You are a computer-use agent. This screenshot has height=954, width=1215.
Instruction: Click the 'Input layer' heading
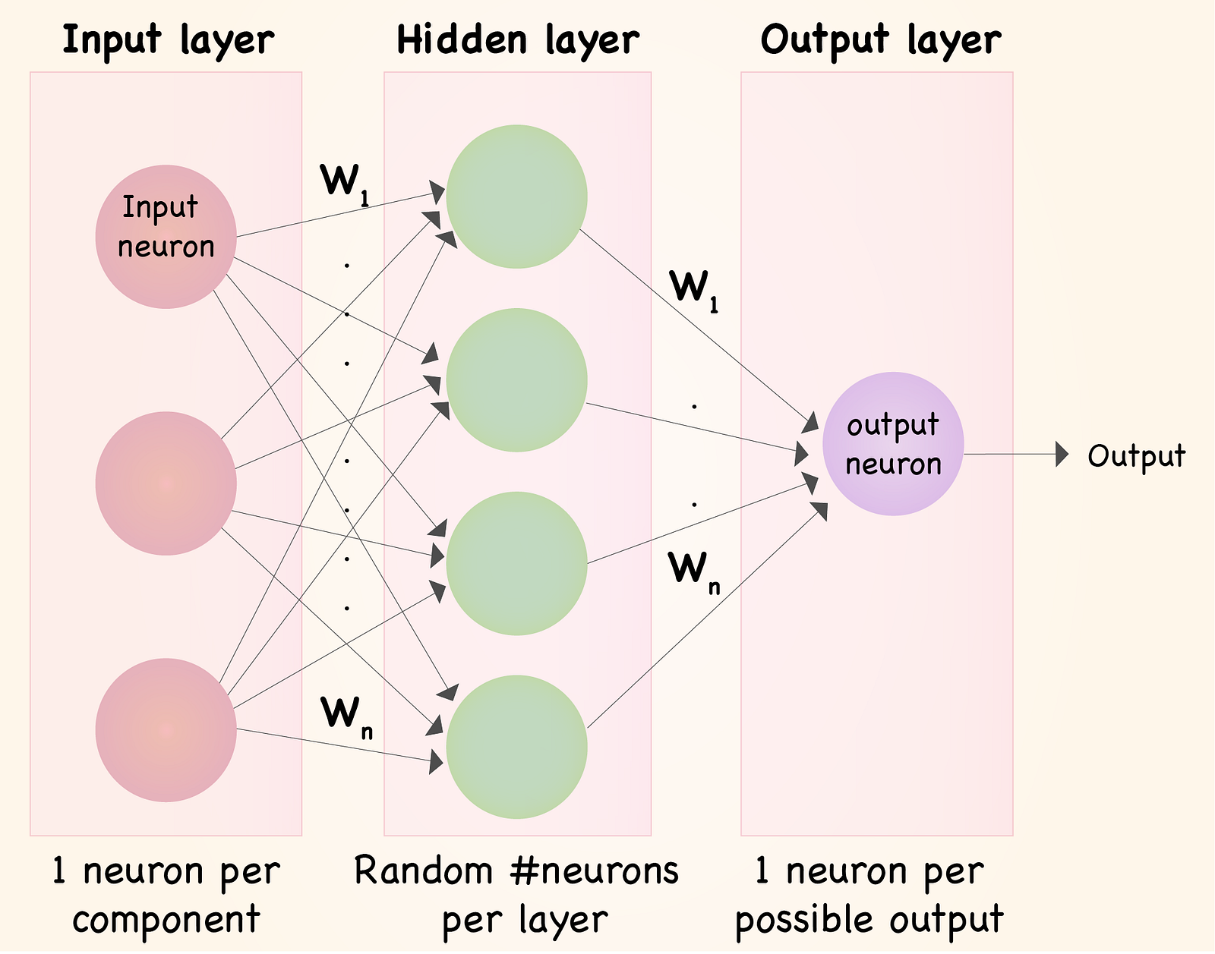point(168,40)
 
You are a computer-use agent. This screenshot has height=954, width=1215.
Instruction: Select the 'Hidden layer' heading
point(517,40)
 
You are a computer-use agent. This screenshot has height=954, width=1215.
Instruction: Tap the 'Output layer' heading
point(880,40)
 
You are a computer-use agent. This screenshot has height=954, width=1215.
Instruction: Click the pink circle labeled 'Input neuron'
point(166,236)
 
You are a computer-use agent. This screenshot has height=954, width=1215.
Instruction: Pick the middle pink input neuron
point(166,483)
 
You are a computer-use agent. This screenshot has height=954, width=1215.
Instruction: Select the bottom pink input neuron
point(166,730)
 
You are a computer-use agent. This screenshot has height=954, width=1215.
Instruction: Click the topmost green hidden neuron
point(516,197)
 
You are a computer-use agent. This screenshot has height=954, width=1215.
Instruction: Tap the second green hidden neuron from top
point(516,379)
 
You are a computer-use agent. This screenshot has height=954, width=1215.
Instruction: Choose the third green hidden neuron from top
point(516,563)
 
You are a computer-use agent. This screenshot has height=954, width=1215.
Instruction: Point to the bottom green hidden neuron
point(516,747)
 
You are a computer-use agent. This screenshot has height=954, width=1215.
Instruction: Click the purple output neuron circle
point(893,444)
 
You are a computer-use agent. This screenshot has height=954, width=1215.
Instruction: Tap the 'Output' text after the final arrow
point(1136,456)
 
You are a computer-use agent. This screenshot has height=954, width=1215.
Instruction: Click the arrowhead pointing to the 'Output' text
point(1062,455)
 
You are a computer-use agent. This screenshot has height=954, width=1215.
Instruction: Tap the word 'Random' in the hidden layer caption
point(424,871)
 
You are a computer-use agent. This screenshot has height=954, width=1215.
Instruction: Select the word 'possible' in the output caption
point(806,920)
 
